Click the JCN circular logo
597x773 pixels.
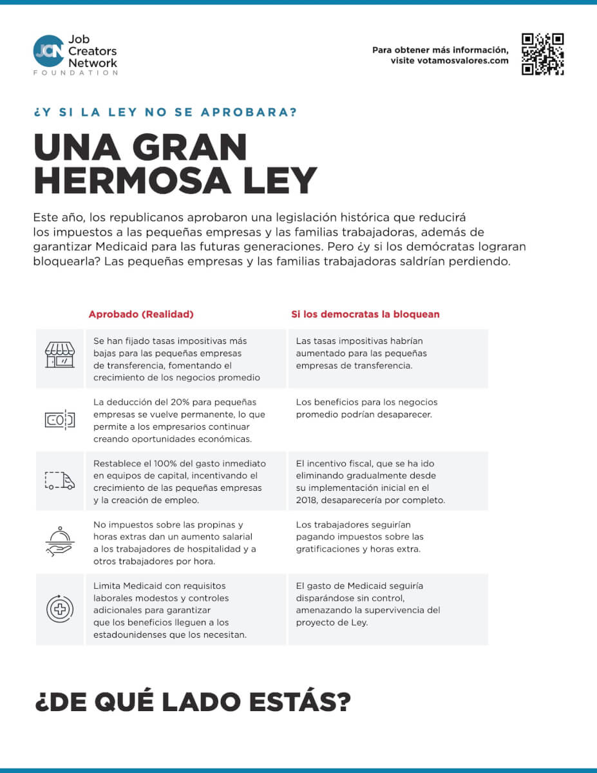48,51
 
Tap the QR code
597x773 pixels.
542,54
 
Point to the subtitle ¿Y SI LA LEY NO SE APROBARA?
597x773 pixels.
166,112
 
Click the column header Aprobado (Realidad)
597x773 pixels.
141,314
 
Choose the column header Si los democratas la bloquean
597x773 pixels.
365,314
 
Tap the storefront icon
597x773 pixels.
59,355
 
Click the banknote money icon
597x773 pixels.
59,420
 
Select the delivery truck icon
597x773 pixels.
59,481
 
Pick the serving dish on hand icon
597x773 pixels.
59,542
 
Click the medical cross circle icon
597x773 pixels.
59,609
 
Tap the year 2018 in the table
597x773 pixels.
306,501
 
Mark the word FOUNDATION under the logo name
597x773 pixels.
75,73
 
